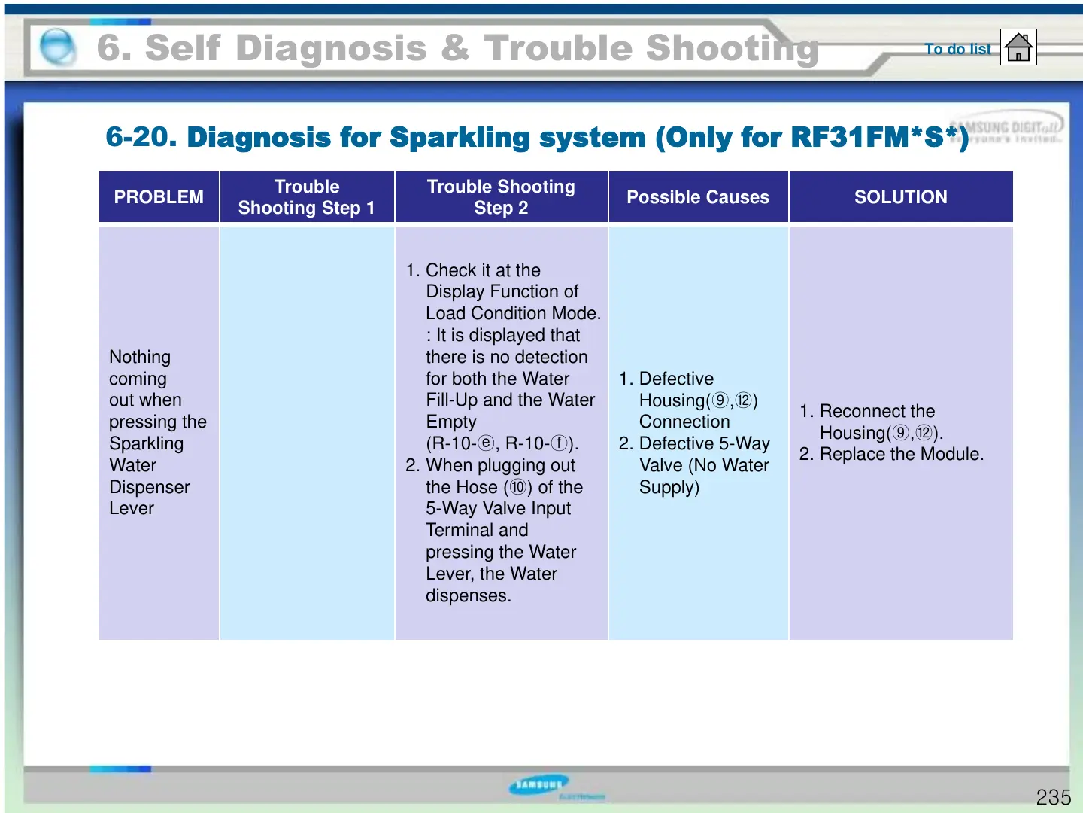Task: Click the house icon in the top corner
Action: [1018, 47]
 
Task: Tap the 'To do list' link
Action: [957, 49]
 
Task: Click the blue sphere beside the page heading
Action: [57, 47]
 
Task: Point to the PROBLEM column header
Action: [159, 197]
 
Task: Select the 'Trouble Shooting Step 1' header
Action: [307, 197]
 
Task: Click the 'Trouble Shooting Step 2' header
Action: [501, 197]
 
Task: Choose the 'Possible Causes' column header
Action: [698, 197]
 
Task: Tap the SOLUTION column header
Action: [900, 197]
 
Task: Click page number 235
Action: [1053, 797]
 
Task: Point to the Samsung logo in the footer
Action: [539, 785]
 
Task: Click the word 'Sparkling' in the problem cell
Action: [146, 443]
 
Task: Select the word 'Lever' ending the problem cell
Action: [132, 509]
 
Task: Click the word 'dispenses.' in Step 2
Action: [469, 595]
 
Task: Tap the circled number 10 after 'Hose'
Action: [518, 487]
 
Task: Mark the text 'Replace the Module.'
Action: [901, 455]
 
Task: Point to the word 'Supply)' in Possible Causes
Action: [669, 487]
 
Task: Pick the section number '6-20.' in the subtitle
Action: [141, 137]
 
